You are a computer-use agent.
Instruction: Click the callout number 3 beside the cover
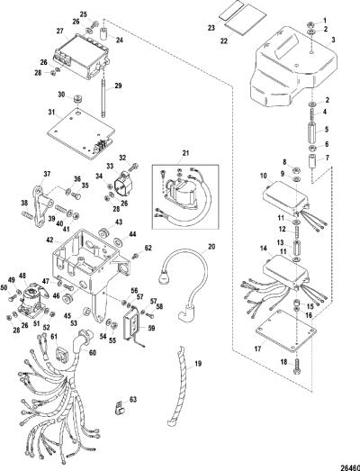[333, 40]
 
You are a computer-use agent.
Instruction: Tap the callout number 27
[60, 31]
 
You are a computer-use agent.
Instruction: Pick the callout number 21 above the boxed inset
[186, 153]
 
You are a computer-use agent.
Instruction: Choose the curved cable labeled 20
[184, 283]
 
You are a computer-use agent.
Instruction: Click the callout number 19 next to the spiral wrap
[198, 364]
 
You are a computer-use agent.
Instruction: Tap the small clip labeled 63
[121, 407]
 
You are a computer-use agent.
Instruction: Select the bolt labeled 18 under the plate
[297, 366]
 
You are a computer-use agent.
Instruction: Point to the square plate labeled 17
[286, 331]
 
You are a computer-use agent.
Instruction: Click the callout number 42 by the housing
[50, 240]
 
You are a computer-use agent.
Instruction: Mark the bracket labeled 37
[40, 208]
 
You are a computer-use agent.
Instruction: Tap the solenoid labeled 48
[31, 301]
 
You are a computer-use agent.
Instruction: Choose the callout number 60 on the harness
[93, 352]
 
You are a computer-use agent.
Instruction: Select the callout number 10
[263, 176]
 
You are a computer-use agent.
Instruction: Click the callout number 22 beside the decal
[224, 41]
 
